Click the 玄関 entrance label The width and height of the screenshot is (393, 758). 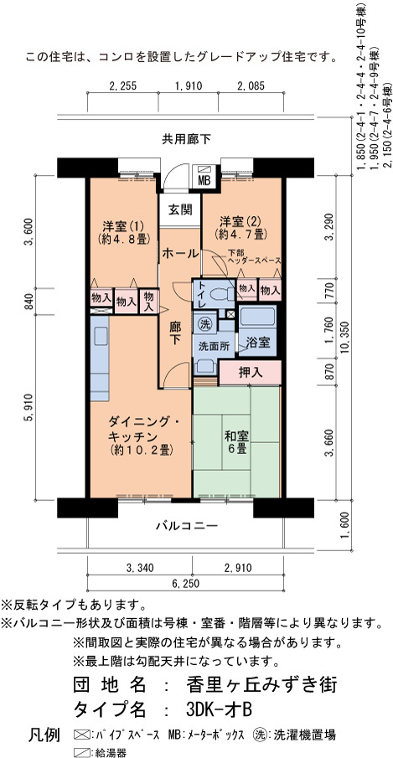(180, 210)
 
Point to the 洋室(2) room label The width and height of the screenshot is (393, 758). (240, 221)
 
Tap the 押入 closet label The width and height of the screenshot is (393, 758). (251, 373)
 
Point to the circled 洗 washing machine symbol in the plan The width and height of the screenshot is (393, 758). (203, 324)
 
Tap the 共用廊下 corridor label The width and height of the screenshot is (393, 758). (186, 140)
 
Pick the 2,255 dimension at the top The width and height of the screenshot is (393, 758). (123, 86)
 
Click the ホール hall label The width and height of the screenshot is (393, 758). (180, 253)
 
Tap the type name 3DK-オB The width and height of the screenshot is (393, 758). (219, 709)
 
